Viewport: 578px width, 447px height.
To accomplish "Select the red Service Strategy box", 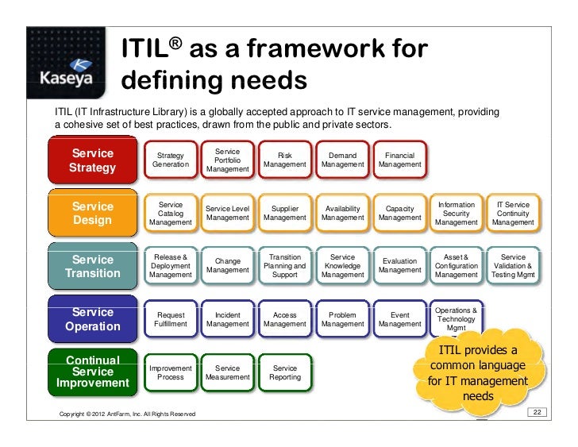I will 93,160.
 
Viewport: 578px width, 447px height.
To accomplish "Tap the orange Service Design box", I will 93,213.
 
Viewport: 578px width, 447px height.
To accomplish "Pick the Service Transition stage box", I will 93,267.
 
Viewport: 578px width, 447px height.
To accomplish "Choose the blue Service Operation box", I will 93,319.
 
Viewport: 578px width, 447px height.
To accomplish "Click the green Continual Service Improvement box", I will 93,372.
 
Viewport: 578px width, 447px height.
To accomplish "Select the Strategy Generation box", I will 171,160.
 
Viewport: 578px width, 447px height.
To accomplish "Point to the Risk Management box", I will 285,160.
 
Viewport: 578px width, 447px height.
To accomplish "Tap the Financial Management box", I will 400,160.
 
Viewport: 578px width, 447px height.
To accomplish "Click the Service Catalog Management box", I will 171,213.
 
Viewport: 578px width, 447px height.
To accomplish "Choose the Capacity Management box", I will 400,213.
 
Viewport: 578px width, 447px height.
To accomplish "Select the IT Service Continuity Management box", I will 513,213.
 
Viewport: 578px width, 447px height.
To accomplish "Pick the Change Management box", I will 228,266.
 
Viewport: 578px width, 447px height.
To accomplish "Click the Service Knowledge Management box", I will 343,266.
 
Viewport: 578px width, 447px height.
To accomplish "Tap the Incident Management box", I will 228,319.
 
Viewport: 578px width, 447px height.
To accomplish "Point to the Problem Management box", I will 343,319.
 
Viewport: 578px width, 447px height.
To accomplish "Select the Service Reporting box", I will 285,372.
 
